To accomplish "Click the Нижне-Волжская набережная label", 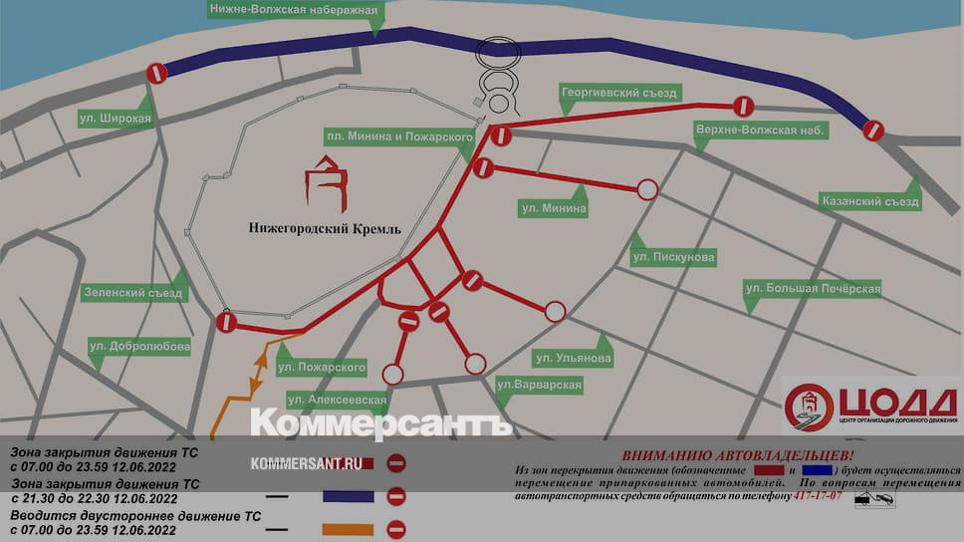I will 293,11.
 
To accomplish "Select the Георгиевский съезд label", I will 618,93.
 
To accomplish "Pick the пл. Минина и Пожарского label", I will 398,135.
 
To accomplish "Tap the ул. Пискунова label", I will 673,257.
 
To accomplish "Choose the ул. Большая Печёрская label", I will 814,289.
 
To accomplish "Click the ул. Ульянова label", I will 573,357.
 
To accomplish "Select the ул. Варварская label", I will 539,384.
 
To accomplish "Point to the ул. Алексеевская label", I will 336,400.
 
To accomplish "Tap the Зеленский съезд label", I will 133,294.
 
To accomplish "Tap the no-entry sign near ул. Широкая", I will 156,73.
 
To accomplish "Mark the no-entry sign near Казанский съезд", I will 873,130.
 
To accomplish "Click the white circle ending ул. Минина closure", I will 647,189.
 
